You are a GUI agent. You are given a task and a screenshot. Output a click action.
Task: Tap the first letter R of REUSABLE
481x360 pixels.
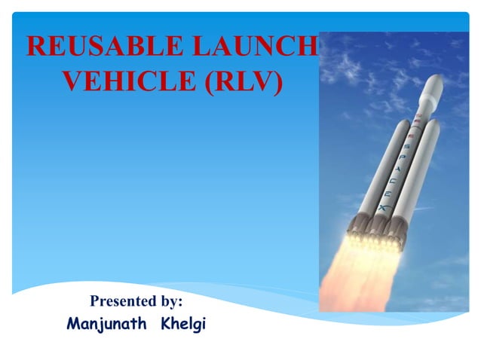(35, 47)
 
